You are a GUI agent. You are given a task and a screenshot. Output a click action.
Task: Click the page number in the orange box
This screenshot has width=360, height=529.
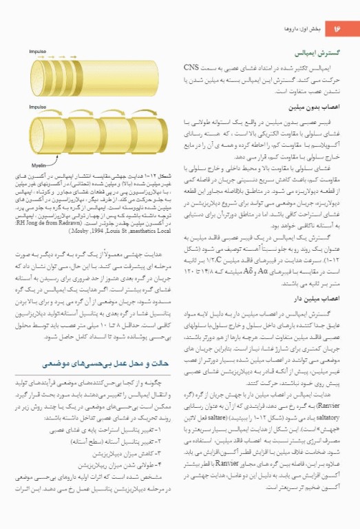(337, 30)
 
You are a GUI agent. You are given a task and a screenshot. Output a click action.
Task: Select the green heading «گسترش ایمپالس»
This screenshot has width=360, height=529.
(315, 52)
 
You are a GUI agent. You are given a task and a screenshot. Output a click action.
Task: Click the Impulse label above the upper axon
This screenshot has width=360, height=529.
(38, 52)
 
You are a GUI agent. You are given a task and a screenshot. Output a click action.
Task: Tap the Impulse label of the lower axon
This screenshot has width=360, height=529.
(38, 107)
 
